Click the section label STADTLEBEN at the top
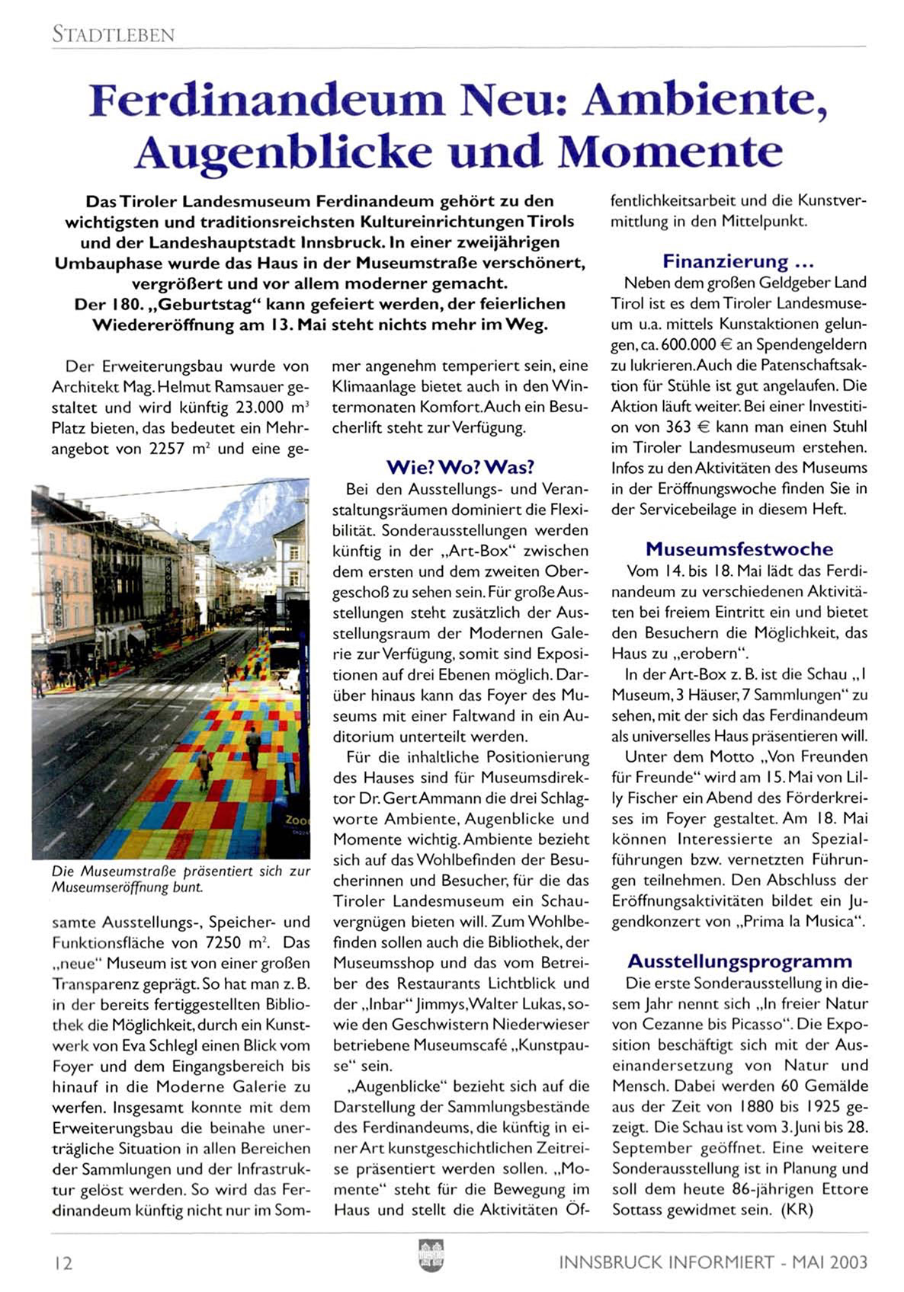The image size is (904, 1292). (x=114, y=34)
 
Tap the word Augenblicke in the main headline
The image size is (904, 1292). (x=283, y=151)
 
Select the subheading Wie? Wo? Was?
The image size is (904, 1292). (x=460, y=467)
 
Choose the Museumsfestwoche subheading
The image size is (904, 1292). (x=739, y=549)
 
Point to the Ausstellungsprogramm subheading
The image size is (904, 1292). (x=739, y=961)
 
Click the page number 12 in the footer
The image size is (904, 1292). (x=63, y=1263)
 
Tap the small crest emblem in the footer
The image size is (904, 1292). (x=431, y=1255)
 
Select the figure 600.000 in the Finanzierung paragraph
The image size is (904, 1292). (x=690, y=344)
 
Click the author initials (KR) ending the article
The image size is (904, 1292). (x=797, y=1210)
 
